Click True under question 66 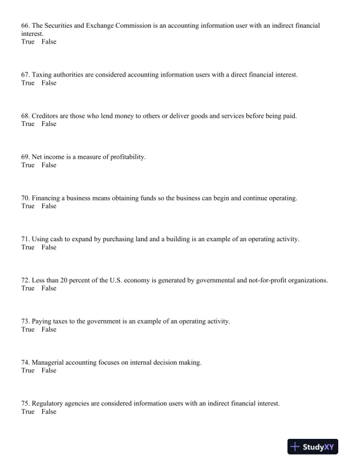pyautogui.click(x=28, y=42)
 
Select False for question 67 pyautogui.click(x=49, y=83)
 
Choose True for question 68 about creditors pyautogui.click(x=28, y=124)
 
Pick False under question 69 pyautogui.click(x=49, y=165)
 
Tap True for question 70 pyautogui.click(x=28, y=207)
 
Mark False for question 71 pyautogui.click(x=49, y=248)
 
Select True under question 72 pyautogui.click(x=28, y=289)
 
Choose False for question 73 pyautogui.click(x=49, y=330)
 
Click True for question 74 pyautogui.click(x=28, y=371)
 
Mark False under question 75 pyautogui.click(x=49, y=412)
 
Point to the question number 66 pyautogui.click(x=25, y=26)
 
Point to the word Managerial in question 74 pyautogui.click(x=48, y=363)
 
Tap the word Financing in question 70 pyautogui.click(x=46, y=198)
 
